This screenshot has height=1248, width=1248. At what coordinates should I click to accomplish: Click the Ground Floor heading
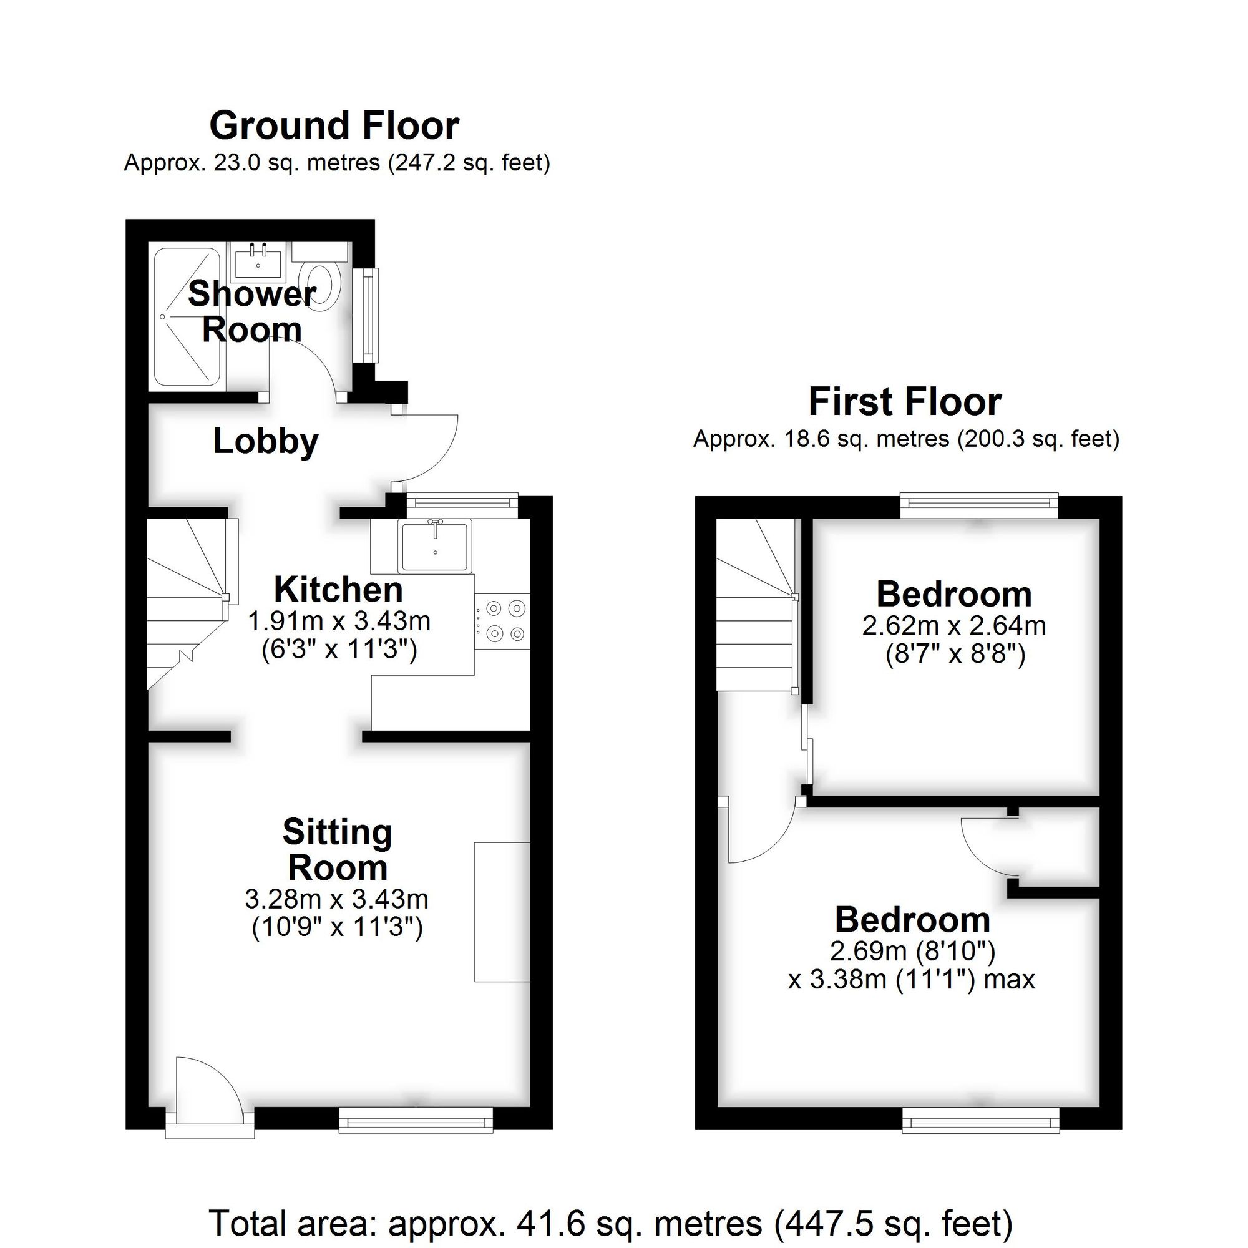click(334, 125)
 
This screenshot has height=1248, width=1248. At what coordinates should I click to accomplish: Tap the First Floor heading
click(904, 402)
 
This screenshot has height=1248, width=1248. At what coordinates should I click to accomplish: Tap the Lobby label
click(265, 442)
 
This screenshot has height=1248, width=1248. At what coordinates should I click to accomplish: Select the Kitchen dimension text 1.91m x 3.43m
click(339, 622)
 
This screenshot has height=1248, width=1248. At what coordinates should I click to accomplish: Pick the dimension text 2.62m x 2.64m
click(954, 626)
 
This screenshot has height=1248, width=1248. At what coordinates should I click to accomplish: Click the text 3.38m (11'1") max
click(911, 980)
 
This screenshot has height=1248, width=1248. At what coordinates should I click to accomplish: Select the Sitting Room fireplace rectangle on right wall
click(502, 912)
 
